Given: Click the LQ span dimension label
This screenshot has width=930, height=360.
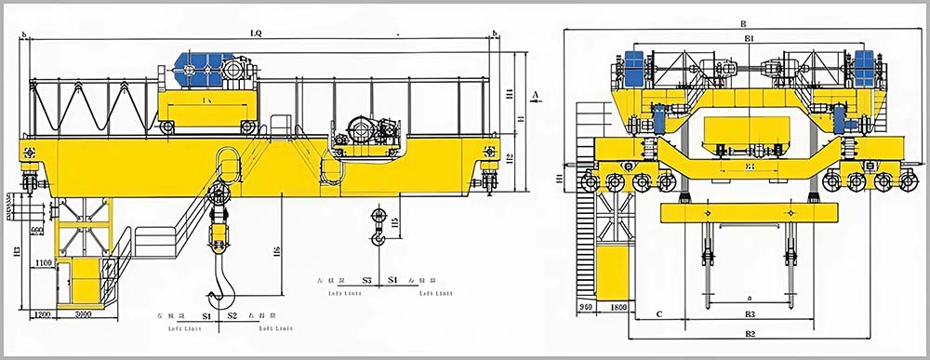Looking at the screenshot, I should (255, 33).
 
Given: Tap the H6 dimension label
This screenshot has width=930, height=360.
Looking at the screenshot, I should (277, 251).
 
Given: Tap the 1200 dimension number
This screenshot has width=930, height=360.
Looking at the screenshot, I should (40, 315).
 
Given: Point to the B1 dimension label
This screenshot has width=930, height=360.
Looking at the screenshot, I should (748, 38).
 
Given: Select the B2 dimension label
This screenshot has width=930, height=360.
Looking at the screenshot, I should (750, 333).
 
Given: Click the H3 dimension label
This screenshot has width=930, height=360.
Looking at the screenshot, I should (18, 251).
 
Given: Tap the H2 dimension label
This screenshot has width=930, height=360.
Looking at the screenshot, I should (511, 158).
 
